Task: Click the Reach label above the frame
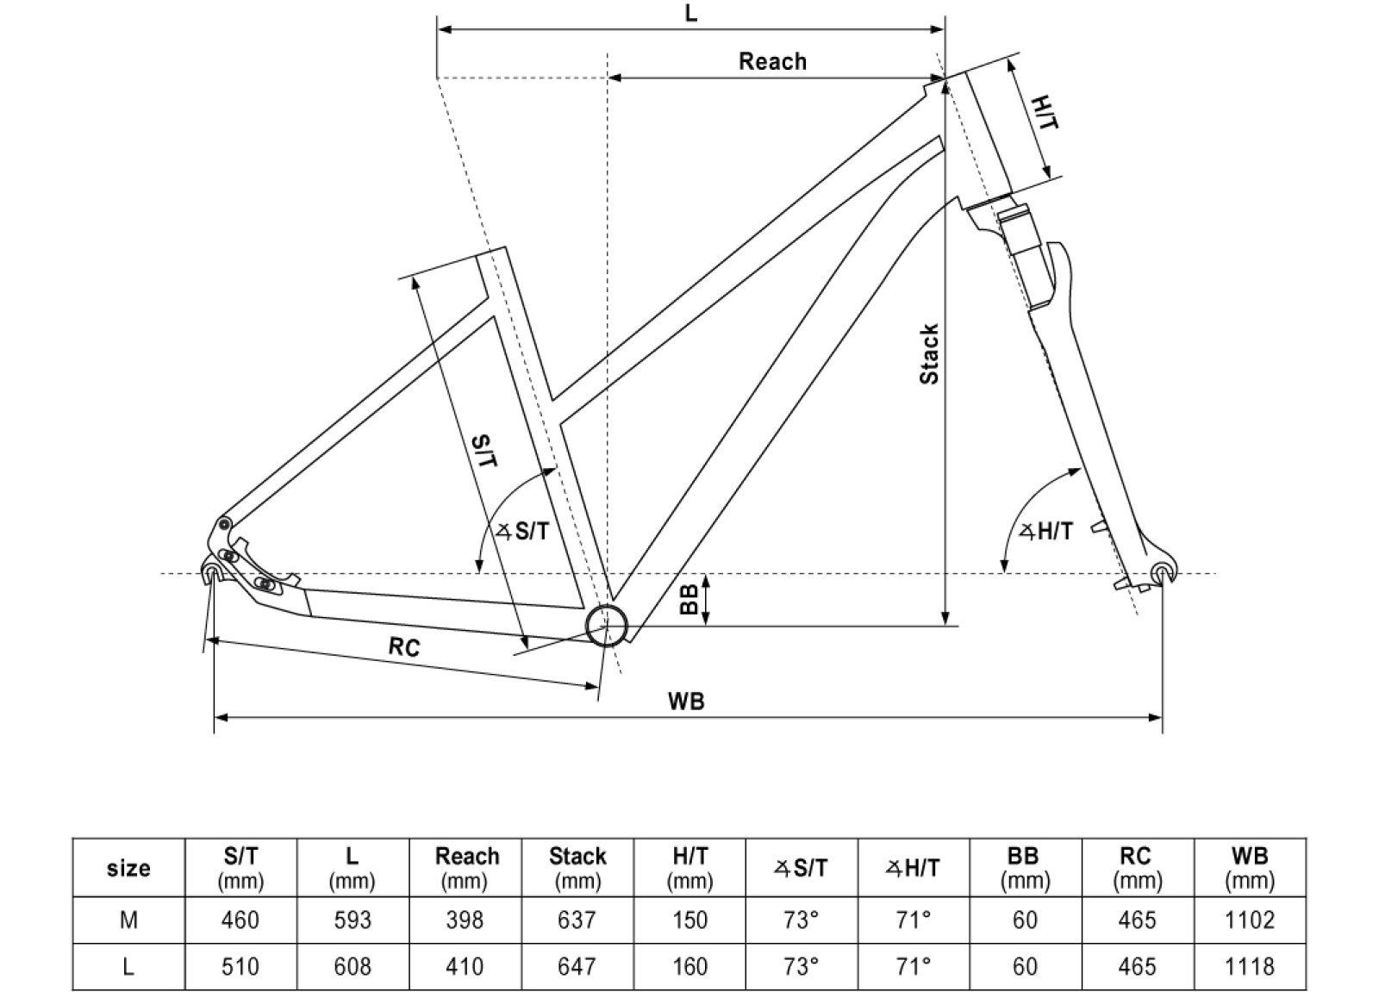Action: (772, 61)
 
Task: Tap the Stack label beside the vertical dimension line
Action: (929, 354)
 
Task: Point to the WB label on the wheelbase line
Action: (686, 702)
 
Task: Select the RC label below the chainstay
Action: (404, 646)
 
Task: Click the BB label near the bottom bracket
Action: (689, 599)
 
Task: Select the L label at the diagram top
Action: (691, 13)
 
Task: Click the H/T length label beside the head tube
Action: (1045, 112)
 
